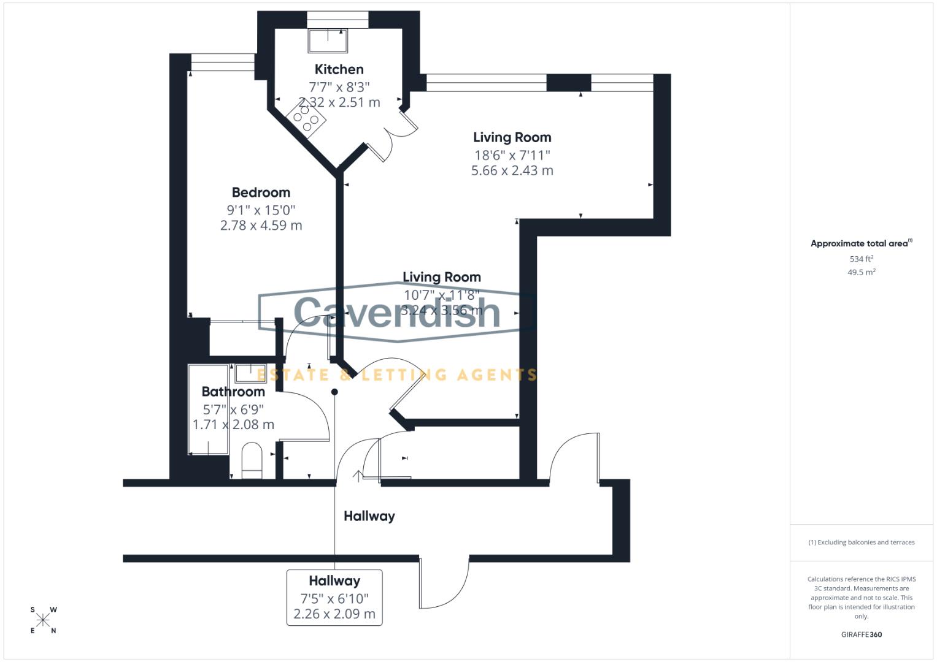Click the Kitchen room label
[x=339, y=69]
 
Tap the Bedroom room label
[x=261, y=192]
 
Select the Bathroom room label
[x=233, y=392]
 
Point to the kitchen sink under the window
[x=328, y=40]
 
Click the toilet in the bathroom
[x=252, y=460]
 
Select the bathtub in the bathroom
[x=208, y=409]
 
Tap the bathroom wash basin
[x=250, y=373]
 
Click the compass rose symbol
[x=43, y=620]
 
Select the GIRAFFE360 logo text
[x=861, y=634]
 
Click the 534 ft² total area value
[x=861, y=259]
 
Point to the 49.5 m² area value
[x=861, y=272]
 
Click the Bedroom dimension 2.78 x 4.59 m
[x=261, y=226]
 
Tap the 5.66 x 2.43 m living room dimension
[x=512, y=171]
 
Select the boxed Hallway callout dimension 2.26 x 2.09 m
[x=334, y=614]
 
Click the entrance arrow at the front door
[x=357, y=476]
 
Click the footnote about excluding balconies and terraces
[x=861, y=542]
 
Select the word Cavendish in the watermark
[x=397, y=312]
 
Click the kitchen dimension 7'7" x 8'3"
[x=339, y=87]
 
